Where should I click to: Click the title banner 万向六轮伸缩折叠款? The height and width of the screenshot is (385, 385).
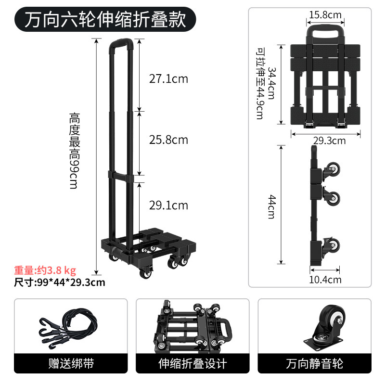[x=105, y=19]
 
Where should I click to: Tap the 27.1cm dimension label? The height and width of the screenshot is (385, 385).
[x=168, y=79]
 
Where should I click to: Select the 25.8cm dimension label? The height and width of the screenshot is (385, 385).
[x=168, y=140]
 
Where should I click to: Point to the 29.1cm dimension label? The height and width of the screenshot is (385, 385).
[x=168, y=205]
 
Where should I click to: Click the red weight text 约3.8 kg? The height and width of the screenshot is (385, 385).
[x=56, y=270]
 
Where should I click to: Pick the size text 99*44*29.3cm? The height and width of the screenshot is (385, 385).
[x=71, y=282]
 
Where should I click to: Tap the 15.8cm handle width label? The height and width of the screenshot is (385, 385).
[x=325, y=15]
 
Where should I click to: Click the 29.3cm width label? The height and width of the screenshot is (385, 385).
[x=329, y=141]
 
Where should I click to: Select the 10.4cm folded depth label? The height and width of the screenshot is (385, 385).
[x=325, y=280]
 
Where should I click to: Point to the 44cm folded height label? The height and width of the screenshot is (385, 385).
[x=272, y=207]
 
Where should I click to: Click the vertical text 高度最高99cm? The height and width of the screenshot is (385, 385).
[x=74, y=151]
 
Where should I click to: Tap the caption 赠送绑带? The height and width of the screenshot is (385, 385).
[x=71, y=363]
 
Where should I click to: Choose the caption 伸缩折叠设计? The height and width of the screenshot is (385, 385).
[x=192, y=363]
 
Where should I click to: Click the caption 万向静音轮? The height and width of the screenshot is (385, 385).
[x=315, y=363]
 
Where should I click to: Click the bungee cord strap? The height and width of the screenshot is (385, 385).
[x=68, y=328]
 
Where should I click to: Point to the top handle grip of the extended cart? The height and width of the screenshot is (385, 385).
[x=121, y=42]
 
